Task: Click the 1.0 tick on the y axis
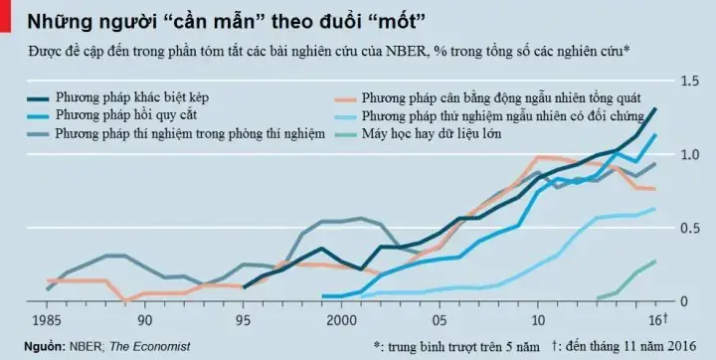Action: (x=688, y=155)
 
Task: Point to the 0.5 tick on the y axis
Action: (x=688, y=228)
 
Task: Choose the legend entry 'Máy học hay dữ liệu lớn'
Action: (x=446, y=133)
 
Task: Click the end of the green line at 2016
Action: (x=654, y=262)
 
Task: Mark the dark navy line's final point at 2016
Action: (x=655, y=108)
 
